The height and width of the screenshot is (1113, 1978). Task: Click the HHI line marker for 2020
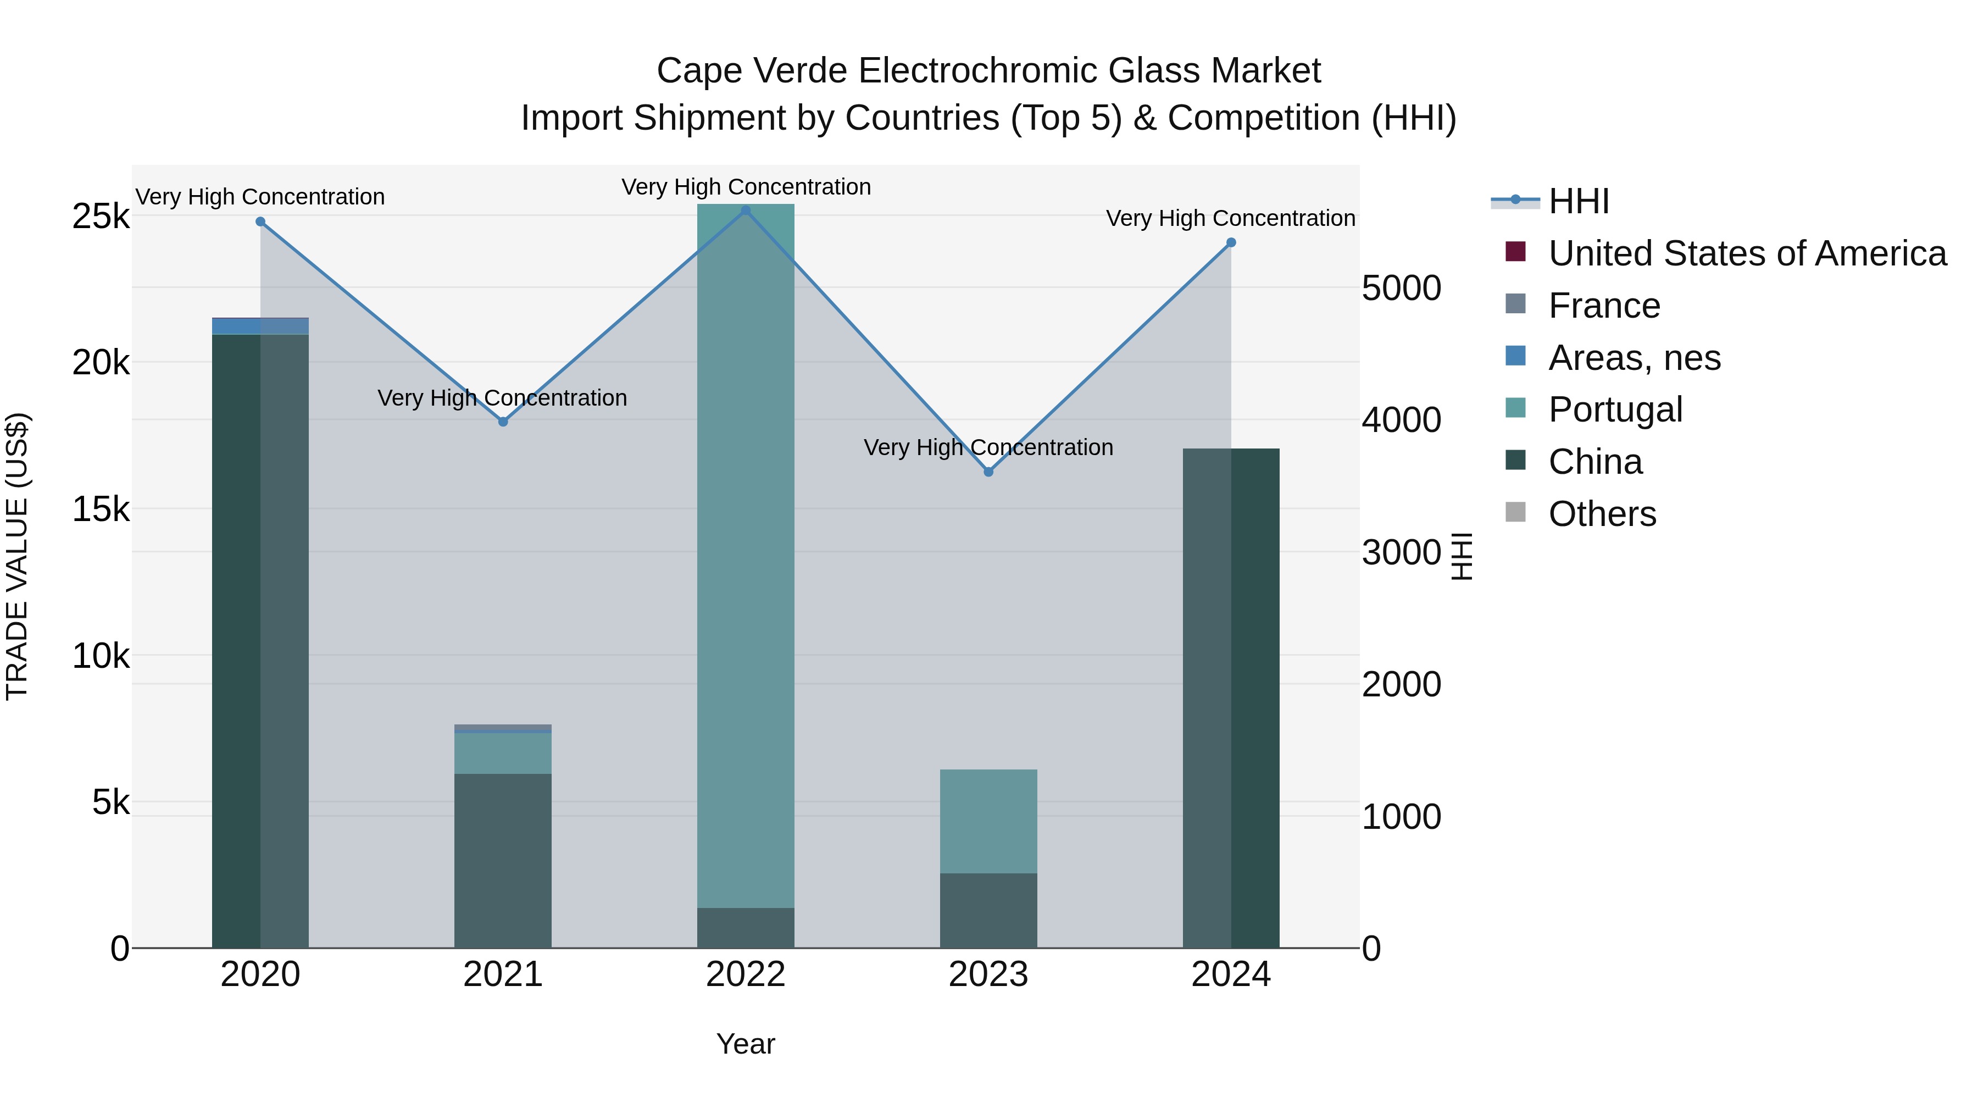pos(260,222)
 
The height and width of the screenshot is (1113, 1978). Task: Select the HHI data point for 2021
pos(503,422)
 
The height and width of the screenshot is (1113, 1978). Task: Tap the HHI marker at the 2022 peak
pos(746,211)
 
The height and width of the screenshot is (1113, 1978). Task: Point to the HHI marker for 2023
pos(988,472)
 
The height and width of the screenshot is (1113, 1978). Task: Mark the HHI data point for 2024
pos(1231,243)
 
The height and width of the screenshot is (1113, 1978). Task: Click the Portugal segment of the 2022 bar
pos(746,553)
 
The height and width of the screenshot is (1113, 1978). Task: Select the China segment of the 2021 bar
pos(503,860)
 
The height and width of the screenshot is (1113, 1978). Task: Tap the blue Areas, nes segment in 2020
pos(260,326)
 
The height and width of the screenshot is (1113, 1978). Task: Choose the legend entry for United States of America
pos(1747,253)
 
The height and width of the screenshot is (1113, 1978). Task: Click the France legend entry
pos(1604,306)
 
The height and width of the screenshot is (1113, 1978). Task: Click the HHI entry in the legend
pos(1579,201)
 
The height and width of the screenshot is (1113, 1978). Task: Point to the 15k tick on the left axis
pos(101,508)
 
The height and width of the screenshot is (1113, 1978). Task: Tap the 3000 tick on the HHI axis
pos(1401,552)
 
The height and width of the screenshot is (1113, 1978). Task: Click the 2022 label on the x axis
pos(746,974)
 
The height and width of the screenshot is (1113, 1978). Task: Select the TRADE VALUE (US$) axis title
pos(18,556)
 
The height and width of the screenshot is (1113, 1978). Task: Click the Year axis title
pos(746,1044)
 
